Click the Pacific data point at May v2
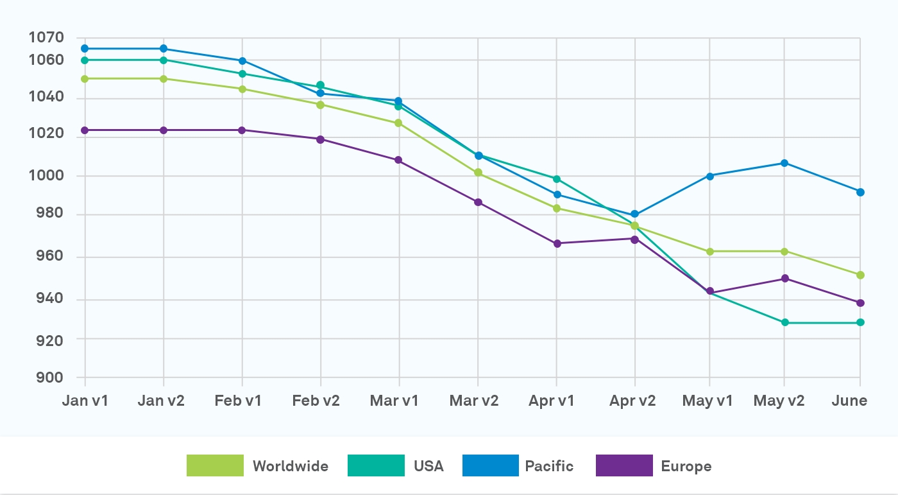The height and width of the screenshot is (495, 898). [784, 163]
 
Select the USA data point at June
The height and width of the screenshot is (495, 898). [860, 322]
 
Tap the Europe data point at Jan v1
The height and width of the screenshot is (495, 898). [85, 130]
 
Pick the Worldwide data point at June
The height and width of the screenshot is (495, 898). [860, 275]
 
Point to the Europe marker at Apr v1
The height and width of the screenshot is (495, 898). [557, 243]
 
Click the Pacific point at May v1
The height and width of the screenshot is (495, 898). [710, 176]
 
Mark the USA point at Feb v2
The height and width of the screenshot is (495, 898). [320, 85]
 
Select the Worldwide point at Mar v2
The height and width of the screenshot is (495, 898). [478, 173]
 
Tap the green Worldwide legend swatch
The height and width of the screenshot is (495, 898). [215, 465]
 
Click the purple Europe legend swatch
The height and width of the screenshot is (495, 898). [624, 465]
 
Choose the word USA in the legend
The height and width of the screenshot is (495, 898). [428, 466]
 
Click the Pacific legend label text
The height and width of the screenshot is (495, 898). [549, 466]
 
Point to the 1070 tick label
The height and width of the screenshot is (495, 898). [46, 38]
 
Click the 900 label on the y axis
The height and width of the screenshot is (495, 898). [46, 378]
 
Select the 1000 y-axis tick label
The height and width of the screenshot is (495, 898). [46, 176]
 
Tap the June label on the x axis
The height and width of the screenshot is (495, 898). [849, 401]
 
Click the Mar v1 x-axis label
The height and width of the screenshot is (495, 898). [394, 401]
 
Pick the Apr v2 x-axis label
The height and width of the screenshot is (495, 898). [632, 401]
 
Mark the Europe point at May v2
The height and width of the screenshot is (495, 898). [784, 279]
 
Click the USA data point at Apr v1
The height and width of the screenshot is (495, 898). [557, 179]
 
